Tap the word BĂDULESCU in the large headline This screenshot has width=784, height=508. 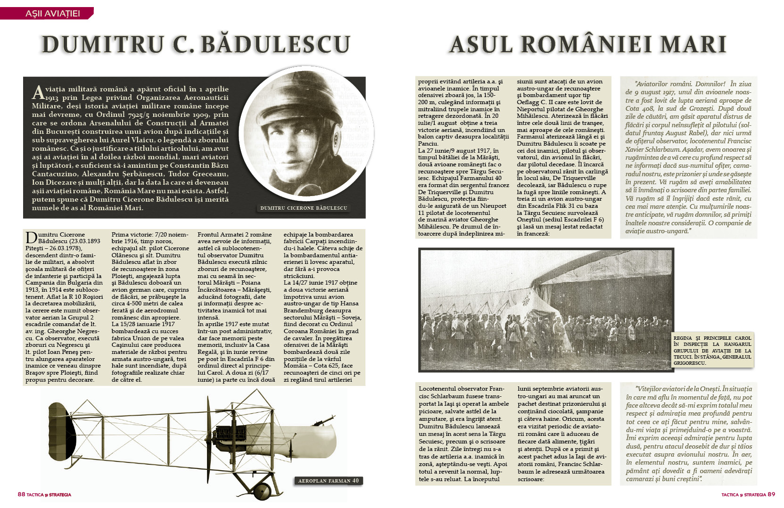pos(275,45)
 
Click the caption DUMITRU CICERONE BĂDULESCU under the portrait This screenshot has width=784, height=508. pos(304,208)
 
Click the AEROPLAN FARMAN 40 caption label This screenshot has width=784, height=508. pos(328,481)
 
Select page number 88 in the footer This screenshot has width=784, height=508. pos(21,494)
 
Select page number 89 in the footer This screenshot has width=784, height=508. pos(771,494)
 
